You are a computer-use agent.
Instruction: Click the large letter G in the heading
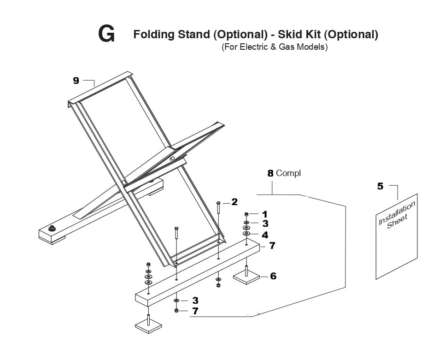106,35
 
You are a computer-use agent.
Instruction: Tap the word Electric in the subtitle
252,47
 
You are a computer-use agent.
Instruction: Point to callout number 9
76,81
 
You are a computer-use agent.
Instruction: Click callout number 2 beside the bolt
234,202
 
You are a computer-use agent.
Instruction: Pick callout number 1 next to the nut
264,214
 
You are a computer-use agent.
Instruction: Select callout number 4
264,235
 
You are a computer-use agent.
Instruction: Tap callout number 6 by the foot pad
273,276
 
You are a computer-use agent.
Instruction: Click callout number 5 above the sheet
380,186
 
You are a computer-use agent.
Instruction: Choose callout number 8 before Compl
270,174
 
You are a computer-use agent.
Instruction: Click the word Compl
288,173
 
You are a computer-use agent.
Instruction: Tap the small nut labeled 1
246,214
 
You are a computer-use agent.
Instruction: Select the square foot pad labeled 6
246,277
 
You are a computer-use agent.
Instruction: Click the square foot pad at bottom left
148,324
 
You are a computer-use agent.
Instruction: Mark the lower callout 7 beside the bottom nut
195,311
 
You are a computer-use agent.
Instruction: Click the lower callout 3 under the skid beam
195,301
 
